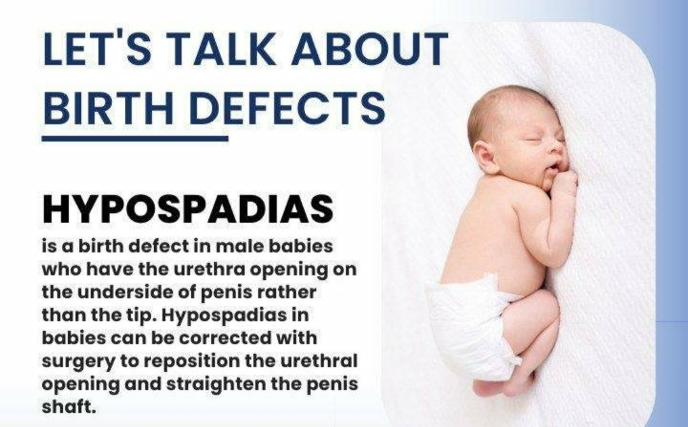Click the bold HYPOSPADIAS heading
pos(188,209)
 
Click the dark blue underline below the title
pos(135,139)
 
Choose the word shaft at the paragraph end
pos(68,407)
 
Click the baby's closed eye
pos(534,141)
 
